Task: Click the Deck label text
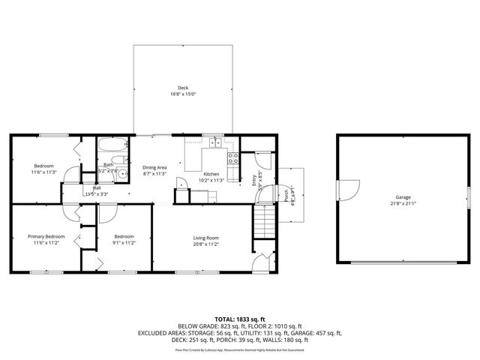(x=183, y=88)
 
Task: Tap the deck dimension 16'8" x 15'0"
(x=183, y=94)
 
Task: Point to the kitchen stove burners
(x=233, y=157)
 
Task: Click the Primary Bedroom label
(x=46, y=236)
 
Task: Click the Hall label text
(x=96, y=188)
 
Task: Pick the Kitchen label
(x=211, y=173)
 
